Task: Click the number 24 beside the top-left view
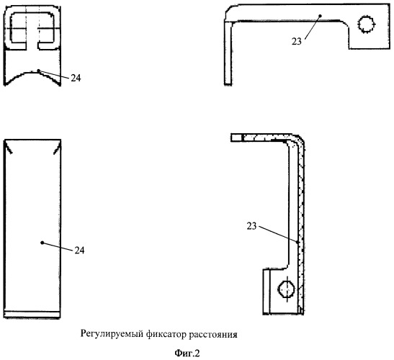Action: point(76,78)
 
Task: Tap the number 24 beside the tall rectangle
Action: point(79,251)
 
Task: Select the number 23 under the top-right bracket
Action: point(297,42)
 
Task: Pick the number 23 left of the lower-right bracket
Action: point(252,226)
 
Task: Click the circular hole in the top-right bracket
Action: point(366,24)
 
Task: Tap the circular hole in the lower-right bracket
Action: point(286,289)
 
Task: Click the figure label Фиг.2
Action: point(187,354)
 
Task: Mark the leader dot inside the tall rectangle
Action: point(42,243)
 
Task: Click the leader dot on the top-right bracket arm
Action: point(320,16)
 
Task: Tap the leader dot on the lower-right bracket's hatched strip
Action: point(297,243)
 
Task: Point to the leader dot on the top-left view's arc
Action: point(38,71)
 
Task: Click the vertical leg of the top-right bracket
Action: point(228,53)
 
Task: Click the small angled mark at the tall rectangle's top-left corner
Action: point(8,148)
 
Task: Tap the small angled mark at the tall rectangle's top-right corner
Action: point(57,148)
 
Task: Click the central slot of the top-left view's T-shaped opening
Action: point(32,37)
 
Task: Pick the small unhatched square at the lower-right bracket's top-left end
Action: point(236,138)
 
